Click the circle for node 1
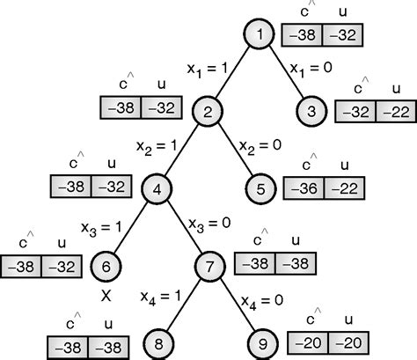pyautogui.click(x=260, y=35)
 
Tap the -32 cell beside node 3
pyautogui.click(x=357, y=113)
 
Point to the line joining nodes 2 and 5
pyautogui.click(x=235, y=149)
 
